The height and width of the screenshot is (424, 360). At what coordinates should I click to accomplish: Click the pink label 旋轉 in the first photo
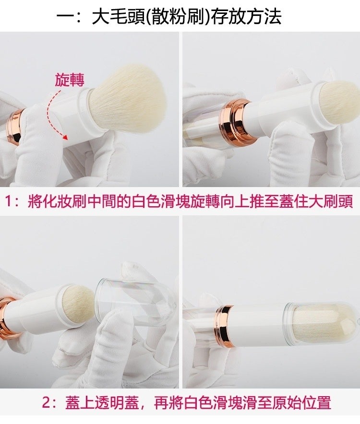[70, 80]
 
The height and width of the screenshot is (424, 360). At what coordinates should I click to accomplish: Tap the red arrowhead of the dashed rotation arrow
[65, 137]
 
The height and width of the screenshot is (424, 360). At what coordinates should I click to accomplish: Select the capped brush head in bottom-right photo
[321, 325]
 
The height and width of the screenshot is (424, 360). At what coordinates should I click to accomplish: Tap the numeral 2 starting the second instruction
[46, 403]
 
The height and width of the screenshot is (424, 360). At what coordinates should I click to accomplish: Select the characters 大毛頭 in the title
[119, 17]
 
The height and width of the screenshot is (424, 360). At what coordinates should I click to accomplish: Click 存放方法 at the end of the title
[246, 17]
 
